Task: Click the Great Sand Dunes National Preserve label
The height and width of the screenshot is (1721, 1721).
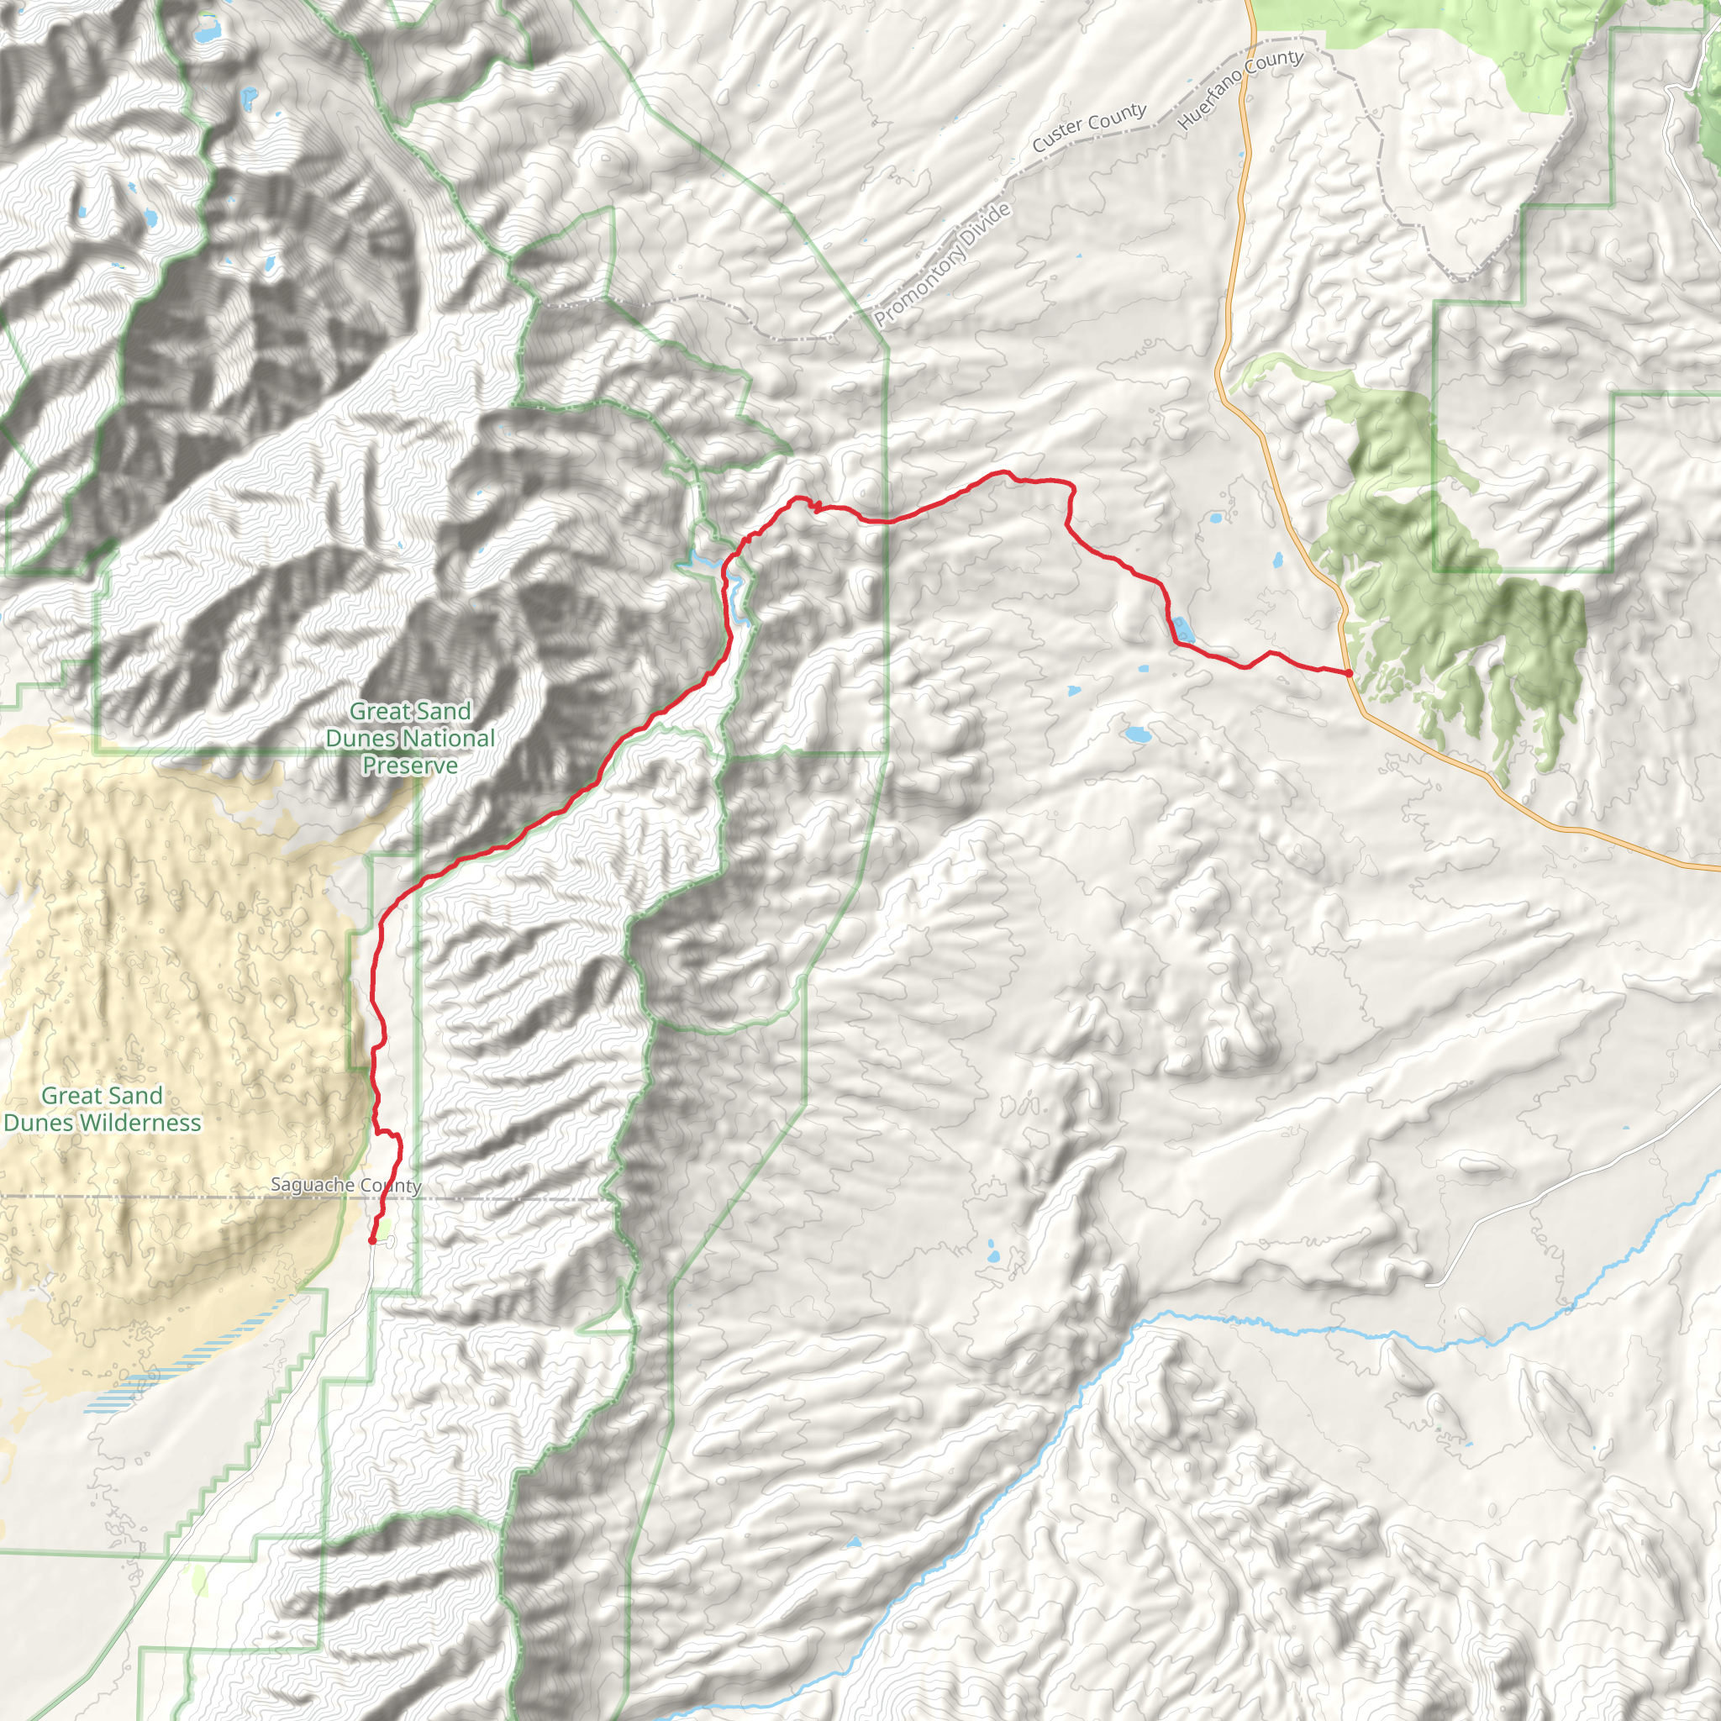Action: [410, 738]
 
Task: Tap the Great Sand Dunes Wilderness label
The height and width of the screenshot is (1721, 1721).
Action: [103, 1109]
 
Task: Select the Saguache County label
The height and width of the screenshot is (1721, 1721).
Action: [345, 1185]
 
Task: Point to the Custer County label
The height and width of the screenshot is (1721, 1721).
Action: [1088, 128]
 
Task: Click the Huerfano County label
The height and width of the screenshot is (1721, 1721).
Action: [1240, 90]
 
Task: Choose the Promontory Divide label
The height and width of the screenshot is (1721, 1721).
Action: [943, 264]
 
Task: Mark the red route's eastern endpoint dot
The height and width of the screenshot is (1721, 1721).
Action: [1349, 673]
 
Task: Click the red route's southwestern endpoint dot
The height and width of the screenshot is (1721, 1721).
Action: [371, 1240]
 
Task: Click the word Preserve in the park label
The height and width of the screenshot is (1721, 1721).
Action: [410, 766]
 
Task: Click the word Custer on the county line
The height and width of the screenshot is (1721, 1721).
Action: [1057, 139]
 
